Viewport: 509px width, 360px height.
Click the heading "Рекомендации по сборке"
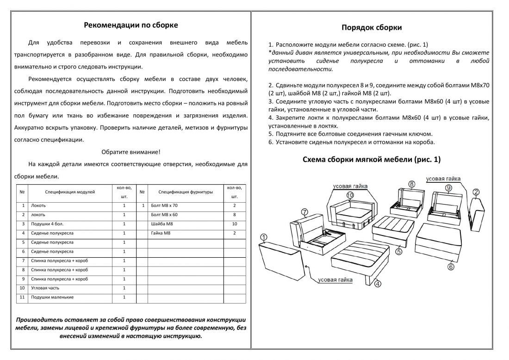click(x=130, y=25)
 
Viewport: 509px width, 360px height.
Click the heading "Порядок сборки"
click(x=371, y=28)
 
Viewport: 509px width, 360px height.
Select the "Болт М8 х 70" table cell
click(x=164, y=205)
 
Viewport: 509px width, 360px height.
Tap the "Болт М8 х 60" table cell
click(x=164, y=215)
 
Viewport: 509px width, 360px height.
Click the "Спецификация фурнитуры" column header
click(x=186, y=192)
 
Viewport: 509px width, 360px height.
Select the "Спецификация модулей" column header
click(x=70, y=192)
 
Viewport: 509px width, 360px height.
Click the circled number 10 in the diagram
click(x=350, y=196)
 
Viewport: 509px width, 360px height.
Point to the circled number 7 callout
click(x=304, y=212)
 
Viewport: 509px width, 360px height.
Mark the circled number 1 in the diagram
click(x=263, y=238)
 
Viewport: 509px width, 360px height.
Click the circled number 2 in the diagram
click(x=476, y=192)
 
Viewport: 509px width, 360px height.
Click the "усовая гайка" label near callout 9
click(x=443, y=179)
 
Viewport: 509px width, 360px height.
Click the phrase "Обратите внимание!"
click(x=130, y=152)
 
